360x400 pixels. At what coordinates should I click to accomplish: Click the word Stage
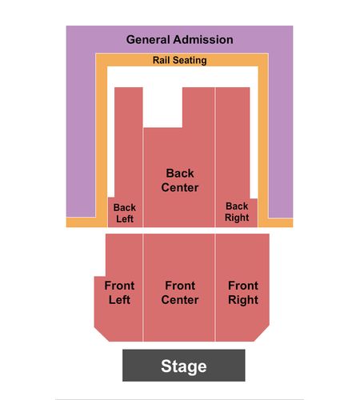point(184,366)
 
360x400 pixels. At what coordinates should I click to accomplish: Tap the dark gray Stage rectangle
point(184,366)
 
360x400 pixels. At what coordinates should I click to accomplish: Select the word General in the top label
point(148,40)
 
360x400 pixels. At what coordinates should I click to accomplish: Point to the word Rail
point(161,60)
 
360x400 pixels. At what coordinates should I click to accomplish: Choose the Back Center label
point(180,180)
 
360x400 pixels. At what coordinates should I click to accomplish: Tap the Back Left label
point(125,213)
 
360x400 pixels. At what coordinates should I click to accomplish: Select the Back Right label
point(237,212)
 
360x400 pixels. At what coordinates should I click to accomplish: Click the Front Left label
point(119,293)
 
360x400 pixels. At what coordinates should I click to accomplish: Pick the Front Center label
point(180,293)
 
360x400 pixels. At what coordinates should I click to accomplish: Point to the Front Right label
point(243,293)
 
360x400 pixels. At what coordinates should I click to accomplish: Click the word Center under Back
point(180,187)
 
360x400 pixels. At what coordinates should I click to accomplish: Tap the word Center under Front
point(180,300)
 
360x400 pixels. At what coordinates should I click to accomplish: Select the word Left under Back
point(125,219)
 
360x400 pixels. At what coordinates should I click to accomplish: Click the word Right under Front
point(243,300)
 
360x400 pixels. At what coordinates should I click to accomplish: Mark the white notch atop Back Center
point(162,107)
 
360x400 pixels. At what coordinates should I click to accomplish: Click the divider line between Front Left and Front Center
point(143,287)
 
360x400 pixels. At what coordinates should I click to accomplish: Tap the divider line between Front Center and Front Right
point(215,287)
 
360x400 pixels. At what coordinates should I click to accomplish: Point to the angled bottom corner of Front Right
point(262,333)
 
